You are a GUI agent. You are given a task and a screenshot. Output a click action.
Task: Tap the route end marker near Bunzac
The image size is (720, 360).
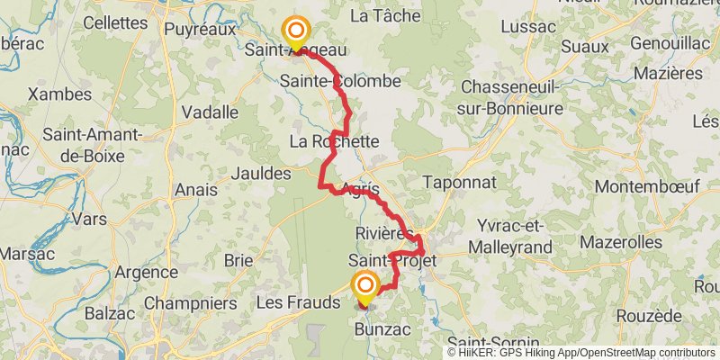pos(365,287)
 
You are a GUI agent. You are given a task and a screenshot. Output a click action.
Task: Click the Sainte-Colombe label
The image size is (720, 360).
pos(340,82)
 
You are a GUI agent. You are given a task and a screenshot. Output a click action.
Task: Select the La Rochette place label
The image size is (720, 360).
pos(333,142)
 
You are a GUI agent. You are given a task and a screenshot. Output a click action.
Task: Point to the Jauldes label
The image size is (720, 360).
pos(261,172)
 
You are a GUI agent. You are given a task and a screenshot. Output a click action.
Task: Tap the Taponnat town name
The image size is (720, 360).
pos(460,182)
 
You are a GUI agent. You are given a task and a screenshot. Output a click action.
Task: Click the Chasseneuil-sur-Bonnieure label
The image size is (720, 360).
pos(512,98)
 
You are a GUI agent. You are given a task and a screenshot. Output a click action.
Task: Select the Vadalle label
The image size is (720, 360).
pos(210,112)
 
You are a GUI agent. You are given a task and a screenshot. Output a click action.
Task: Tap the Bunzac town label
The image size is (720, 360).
pos(382,329)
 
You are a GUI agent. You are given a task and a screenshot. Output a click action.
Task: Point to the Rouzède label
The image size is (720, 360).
pos(651,316)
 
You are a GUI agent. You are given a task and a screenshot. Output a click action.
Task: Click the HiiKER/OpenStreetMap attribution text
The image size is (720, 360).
pos(581,353)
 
